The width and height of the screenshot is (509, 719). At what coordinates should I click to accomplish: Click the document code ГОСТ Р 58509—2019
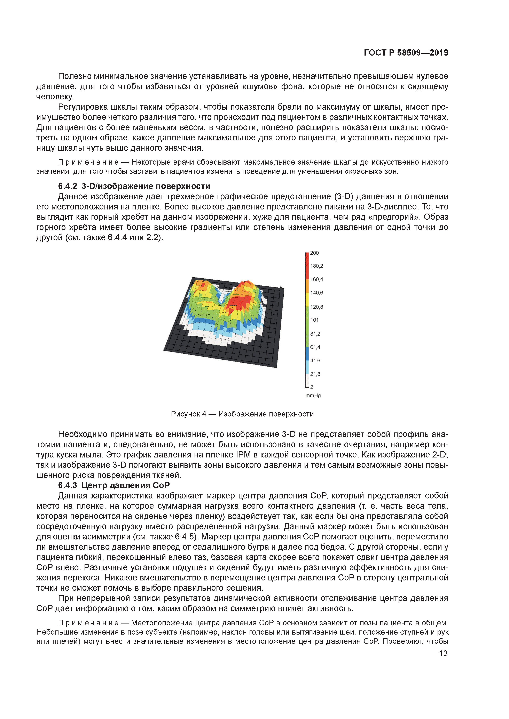406,53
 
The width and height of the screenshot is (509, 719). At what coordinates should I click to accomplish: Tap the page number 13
443,653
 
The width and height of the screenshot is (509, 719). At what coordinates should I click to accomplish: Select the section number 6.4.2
68,186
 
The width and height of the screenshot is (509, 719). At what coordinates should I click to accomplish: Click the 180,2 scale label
316,266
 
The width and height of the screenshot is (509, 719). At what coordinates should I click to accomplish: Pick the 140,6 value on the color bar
316,293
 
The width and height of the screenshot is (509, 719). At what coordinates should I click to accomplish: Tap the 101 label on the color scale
314,320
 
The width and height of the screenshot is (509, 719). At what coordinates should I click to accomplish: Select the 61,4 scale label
315,347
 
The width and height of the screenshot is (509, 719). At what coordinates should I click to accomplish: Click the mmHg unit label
313,396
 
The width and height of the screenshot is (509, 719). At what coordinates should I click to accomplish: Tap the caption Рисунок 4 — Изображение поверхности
242,414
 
